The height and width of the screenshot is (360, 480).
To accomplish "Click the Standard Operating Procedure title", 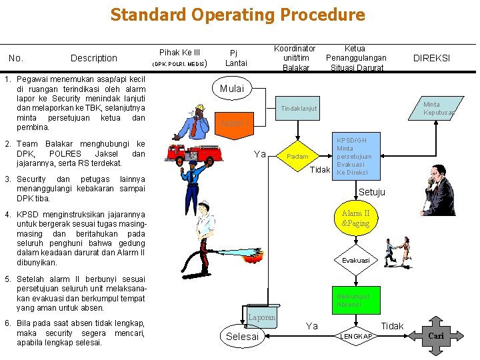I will tap(237, 15).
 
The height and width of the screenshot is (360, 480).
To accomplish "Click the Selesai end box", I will tap(242, 336).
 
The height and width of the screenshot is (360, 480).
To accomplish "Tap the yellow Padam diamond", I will tap(297, 157).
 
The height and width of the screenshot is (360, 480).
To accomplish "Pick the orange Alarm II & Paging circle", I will tap(355, 219).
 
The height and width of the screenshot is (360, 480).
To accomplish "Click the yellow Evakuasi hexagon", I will tap(356, 260).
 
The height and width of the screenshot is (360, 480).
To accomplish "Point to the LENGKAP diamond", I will tap(356, 336).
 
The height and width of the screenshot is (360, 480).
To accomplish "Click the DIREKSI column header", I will tap(431, 58).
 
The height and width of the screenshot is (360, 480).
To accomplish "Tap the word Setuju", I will tap(372, 193).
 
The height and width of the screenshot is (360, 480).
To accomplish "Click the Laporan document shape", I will tap(261, 319).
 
